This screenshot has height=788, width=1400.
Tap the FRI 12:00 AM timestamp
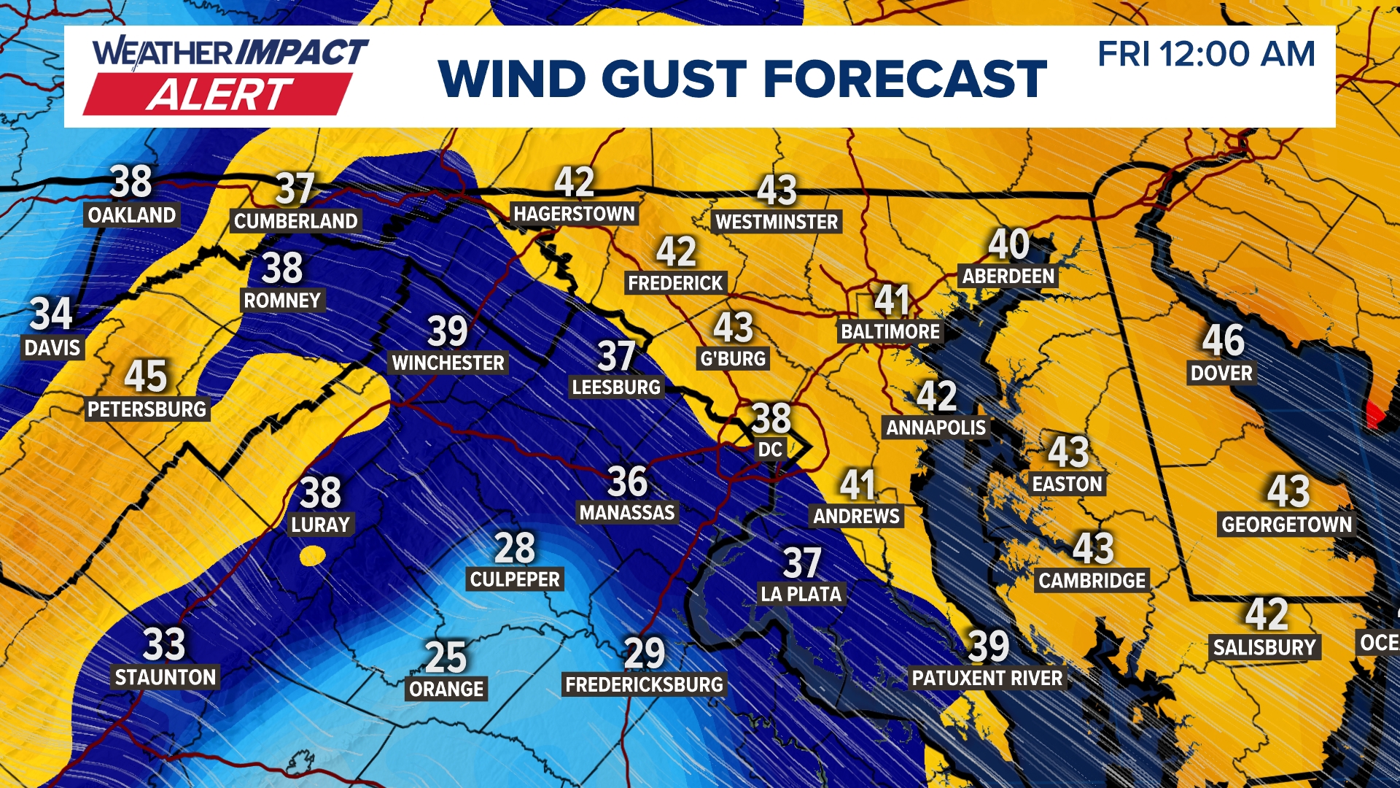[1206, 55]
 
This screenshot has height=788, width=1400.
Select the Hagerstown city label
[574, 214]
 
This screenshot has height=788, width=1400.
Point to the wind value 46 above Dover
[1223, 340]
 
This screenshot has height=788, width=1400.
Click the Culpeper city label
[515, 579]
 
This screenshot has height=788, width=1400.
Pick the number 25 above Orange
[446, 657]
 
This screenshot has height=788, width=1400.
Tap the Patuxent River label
[987, 678]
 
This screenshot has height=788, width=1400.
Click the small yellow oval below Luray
[313, 556]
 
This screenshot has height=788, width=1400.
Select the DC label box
[770, 449]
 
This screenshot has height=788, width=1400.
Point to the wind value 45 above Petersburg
[146, 376]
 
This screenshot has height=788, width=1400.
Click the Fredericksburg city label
[644, 684]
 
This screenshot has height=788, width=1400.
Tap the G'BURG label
[733, 358]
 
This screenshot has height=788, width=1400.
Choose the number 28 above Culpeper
[515, 547]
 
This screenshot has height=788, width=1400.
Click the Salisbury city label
[1264, 647]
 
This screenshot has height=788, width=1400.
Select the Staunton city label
[166, 677]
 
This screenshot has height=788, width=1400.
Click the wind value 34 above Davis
[51, 314]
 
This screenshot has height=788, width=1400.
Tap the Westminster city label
[777, 222]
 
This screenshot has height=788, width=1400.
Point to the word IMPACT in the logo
[302, 53]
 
